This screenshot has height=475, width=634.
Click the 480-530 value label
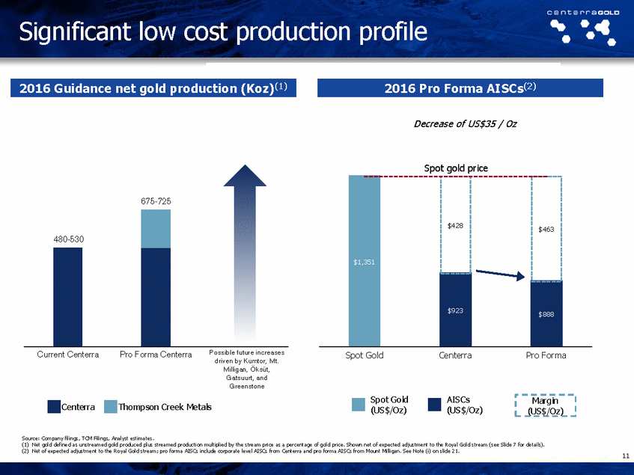(x=67, y=239)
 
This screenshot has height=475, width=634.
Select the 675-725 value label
(x=156, y=201)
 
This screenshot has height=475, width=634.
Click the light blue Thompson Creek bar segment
(x=156, y=228)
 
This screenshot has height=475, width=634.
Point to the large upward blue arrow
(x=244, y=254)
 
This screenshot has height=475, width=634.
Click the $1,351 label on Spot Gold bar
(x=365, y=262)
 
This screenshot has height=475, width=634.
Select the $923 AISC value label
(x=456, y=309)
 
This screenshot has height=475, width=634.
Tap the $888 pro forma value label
(x=548, y=314)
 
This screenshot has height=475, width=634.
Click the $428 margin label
(x=456, y=224)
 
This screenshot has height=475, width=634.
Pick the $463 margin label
(x=548, y=230)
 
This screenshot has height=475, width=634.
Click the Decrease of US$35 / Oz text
(x=465, y=124)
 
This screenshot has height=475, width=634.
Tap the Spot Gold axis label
(x=365, y=355)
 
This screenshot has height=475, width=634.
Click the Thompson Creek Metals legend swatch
(x=110, y=407)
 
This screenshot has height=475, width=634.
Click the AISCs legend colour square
(x=434, y=405)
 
